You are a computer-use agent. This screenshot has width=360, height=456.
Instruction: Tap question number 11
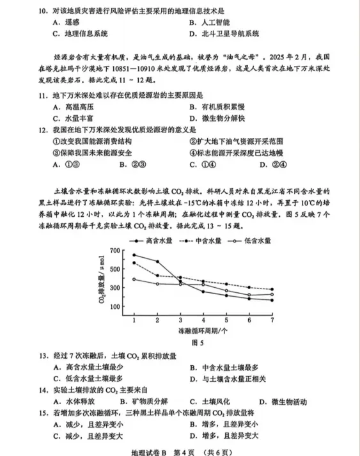click(42, 95)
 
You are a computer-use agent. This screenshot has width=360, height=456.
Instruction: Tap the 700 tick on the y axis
click(116, 250)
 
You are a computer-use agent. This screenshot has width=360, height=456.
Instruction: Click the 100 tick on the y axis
click(116, 306)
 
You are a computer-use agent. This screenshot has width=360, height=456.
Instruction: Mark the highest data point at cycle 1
click(134, 255)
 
